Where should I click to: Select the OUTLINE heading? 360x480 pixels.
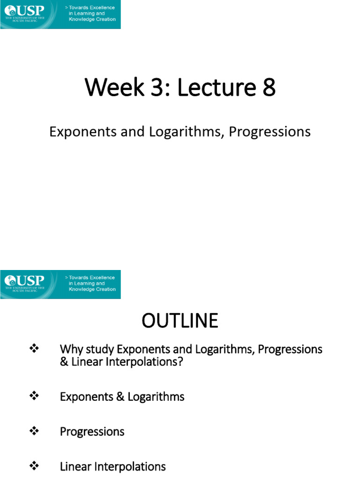click(x=180, y=321)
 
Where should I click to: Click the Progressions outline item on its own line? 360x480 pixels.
click(x=92, y=432)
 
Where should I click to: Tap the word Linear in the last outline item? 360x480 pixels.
click(x=75, y=467)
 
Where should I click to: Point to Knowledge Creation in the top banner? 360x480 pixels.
click(x=92, y=20)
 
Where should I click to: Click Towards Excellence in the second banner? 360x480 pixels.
click(x=92, y=277)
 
